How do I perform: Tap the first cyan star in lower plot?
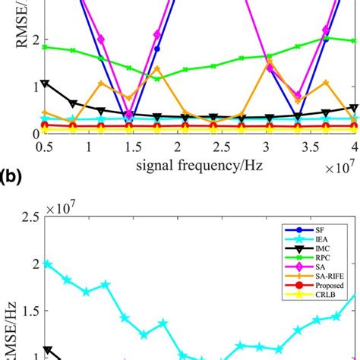click(x=47, y=264)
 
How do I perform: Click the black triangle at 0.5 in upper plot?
click(x=47, y=84)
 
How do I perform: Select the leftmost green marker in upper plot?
click(x=47, y=47)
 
